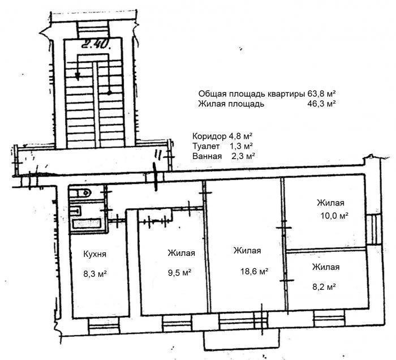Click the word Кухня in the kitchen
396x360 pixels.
94,254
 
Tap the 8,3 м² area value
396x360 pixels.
94,273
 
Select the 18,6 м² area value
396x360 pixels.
254,271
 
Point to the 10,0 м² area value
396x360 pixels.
335,216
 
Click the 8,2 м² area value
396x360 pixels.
324,287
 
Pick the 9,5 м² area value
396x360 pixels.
179,273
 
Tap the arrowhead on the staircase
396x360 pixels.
78,76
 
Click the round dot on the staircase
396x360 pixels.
109,93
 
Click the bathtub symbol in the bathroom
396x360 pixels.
87,224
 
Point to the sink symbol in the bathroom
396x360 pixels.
75,211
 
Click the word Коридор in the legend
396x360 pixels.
209,136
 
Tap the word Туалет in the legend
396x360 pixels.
206,146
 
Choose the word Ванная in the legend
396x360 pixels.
207,156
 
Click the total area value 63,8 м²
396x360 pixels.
321,94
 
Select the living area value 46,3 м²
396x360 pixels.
321,104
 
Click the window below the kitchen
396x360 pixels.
104,327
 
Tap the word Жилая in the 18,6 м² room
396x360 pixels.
247,251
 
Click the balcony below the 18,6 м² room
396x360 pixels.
241,337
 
